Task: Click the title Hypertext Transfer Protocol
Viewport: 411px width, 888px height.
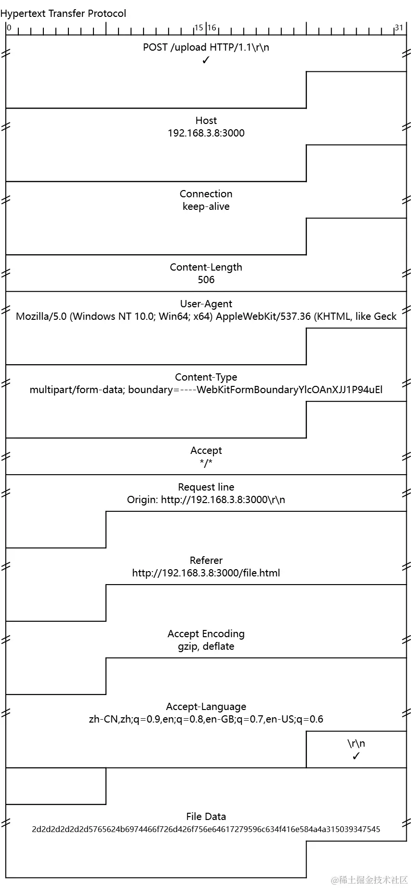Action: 63,14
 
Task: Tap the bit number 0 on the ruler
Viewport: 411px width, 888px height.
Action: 9,27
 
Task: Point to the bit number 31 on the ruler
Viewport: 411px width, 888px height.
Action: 398,27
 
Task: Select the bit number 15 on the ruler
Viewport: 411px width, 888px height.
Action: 199,27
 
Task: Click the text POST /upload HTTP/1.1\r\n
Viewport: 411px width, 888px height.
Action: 206,47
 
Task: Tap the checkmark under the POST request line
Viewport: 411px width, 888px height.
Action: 206,60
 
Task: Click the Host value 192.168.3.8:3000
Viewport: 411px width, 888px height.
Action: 206,133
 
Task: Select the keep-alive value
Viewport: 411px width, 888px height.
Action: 206,206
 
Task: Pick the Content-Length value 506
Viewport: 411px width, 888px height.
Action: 206,280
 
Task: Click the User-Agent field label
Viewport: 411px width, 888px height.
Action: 206,304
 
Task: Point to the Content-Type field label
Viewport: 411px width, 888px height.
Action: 206,377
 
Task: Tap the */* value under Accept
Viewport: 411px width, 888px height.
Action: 206,463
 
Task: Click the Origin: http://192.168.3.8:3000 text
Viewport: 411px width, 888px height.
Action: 206,500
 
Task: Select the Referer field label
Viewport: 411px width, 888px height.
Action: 206,560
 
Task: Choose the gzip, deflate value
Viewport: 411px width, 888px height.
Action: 206,646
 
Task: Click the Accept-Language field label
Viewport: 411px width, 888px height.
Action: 206,707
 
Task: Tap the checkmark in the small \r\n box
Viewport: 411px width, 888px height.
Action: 356,756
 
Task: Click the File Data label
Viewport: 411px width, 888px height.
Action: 206,817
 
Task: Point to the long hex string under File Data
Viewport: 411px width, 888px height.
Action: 206,829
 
